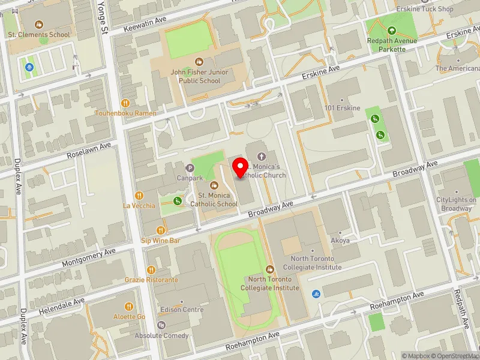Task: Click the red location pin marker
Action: [241, 167]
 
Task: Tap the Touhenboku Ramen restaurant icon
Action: [125, 103]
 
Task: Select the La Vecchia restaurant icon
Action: [139, 195]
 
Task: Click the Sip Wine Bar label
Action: [160, 240]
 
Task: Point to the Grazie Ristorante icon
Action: [151, 270]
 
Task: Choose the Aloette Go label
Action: [130, 316]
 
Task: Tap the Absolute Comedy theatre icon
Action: [160, 325]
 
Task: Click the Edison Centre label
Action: [182, 310]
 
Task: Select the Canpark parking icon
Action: [191, 168]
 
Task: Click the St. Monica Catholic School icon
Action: [214, 185]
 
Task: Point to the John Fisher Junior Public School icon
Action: [199, 62]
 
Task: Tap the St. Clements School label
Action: [39, 34]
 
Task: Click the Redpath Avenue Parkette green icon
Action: [392, 31]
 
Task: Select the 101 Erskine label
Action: [343, 108]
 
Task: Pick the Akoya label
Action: [340, 240]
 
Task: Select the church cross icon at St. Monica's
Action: [261, 156]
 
